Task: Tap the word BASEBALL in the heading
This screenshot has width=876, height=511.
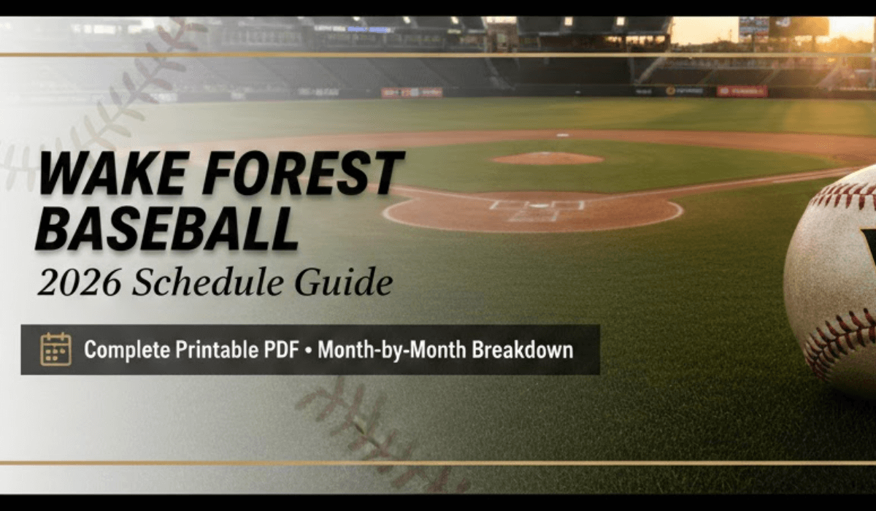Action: [167, 228]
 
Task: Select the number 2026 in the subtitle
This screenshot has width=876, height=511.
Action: [79, 283]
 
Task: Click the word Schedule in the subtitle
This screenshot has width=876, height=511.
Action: [207, 282]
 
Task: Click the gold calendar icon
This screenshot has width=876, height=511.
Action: [56, 349]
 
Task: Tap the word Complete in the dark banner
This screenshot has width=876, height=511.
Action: [127, 350]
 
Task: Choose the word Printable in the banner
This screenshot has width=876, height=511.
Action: [216, 349]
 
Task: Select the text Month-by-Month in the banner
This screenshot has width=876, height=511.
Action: [391, 350]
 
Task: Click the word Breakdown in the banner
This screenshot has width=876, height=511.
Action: [523, 349]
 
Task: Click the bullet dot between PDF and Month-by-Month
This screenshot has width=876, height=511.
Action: [309, 350]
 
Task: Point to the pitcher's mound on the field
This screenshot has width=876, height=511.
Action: [547, 158]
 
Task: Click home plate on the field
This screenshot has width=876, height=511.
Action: [537, 206]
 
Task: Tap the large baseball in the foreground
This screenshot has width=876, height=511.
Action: [831, 282]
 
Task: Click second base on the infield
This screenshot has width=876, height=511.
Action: [563, 135]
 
